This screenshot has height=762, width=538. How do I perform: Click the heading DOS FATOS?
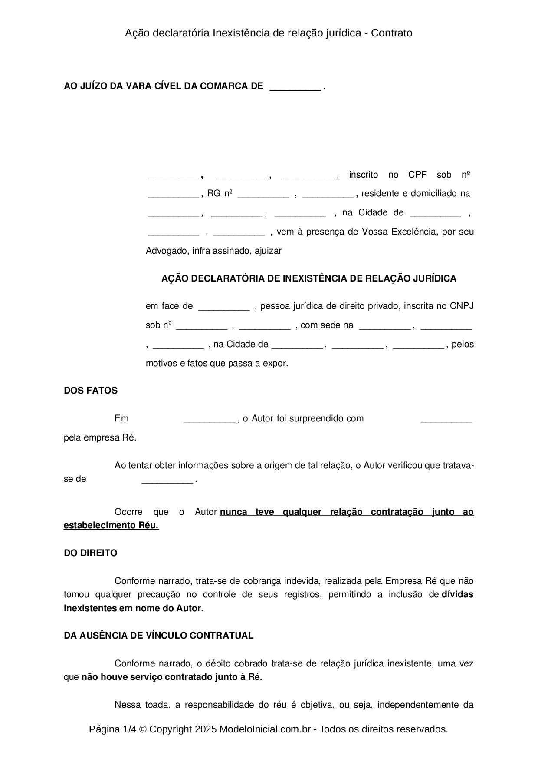point(90,391)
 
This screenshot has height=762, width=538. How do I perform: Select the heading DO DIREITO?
point(90,553)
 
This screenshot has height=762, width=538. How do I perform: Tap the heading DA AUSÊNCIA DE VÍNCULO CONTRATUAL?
point(158,636)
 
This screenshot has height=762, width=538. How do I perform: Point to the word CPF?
point(417,175)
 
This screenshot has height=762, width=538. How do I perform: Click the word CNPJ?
point(462,306)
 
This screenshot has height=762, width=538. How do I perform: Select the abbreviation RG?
point(214,193)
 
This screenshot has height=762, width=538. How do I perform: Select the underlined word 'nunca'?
point(233,512)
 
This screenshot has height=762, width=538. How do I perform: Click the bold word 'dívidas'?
point(457,594)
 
